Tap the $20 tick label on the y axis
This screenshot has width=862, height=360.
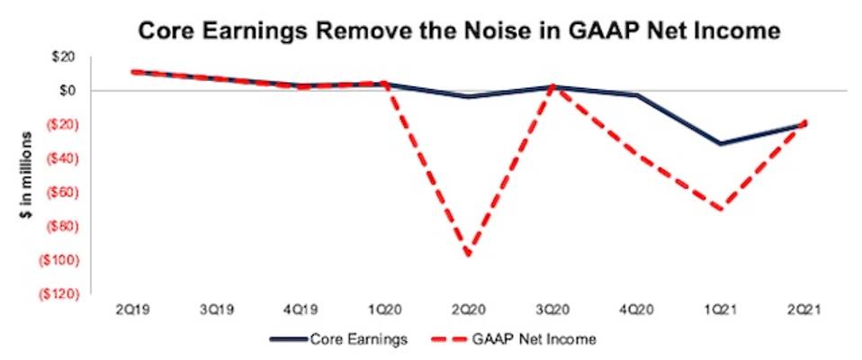(62, 57)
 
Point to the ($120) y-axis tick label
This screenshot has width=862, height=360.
(56, 293)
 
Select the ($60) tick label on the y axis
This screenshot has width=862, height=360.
(58, 192)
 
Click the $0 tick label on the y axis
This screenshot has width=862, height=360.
(66, 90)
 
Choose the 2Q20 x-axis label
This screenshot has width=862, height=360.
(468, 308)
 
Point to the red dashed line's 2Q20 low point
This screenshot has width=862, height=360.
(468, 255)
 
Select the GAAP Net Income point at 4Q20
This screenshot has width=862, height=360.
(637, 155)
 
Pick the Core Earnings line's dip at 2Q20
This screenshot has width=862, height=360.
(468, 96)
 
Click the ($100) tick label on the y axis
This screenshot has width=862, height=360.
(56, 259)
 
